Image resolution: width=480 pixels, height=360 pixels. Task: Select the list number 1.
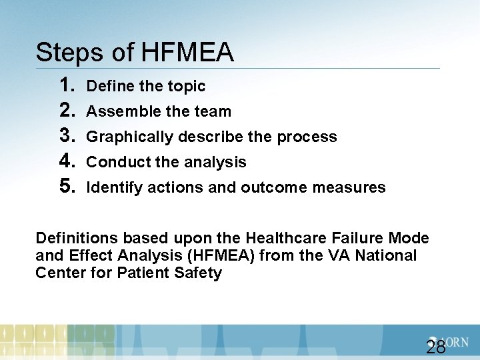pos(66,85)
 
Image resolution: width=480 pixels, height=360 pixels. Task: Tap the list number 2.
pos(66,111)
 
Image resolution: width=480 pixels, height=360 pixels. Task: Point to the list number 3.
pos(66,136)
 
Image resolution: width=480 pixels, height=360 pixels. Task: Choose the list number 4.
pos(66,161)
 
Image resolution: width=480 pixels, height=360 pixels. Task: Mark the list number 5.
pos(66,187)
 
